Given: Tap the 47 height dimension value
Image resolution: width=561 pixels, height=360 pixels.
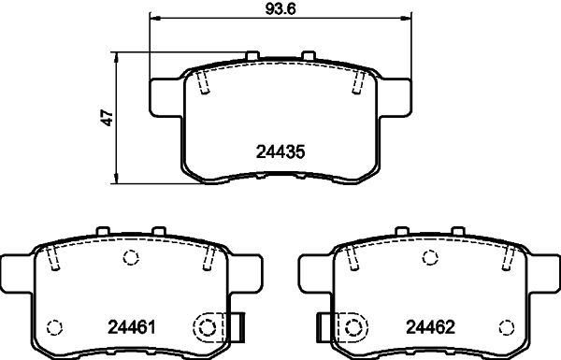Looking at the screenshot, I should [x=108, y=118].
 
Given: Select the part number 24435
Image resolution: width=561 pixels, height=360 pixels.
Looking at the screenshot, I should [x=281, y=151].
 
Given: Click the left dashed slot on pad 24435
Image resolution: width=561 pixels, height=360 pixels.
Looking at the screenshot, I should [x=206, y=84].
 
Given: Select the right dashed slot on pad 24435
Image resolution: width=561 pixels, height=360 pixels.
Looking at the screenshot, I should [x=356, y=84].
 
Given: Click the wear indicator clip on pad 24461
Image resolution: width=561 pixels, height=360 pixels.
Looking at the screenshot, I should [x=236, y=326].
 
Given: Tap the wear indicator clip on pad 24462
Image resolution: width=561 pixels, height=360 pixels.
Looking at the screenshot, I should [x=324, y=326].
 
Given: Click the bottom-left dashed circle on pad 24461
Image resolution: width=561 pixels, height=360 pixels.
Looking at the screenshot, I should [x=54, y=327].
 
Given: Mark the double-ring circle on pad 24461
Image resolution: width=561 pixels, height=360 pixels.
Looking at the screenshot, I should [x=209, y=327].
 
